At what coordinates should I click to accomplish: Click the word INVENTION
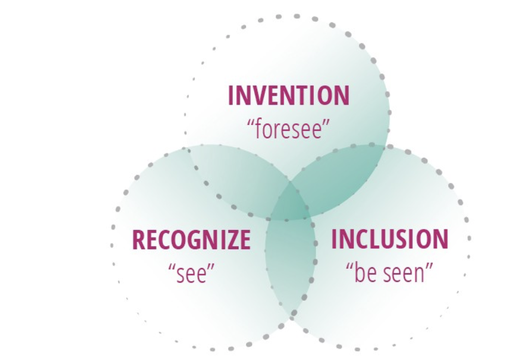(x=289, y=95)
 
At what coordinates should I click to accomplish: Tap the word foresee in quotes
(x=289, y=129)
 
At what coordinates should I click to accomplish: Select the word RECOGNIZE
(x=191, y=240)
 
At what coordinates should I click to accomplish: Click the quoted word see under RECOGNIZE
(x=191, y=273)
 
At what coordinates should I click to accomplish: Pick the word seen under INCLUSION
(x=404, y=274)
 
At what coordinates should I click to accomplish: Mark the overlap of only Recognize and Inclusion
(x=291, y=264)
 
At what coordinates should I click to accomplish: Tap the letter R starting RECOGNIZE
(x=139, y=240)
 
